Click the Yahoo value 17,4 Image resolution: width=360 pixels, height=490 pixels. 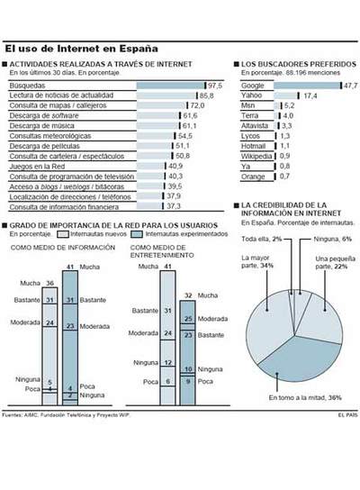pyautogui.click(x=310, y=95)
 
